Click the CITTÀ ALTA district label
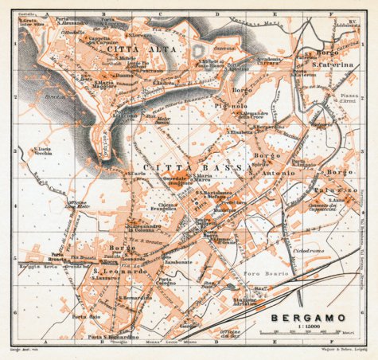(131, 49)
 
